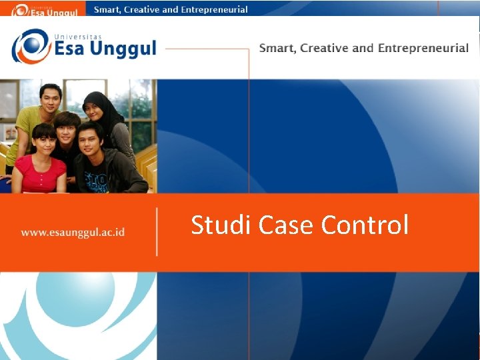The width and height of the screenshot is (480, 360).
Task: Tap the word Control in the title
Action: coord(365,225)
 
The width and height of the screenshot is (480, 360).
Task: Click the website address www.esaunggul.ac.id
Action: coord(73,233)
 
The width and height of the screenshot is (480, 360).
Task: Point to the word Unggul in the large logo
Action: coord(120,48)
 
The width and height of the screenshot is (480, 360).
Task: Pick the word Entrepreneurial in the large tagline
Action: coord(423,48)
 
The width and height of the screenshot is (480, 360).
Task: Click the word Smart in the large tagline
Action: coord(277,48)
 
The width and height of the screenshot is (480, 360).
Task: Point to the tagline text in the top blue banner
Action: coord(171,9)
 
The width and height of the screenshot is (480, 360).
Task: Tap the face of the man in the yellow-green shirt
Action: coord(50,99)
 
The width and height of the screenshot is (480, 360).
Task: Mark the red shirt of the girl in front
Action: coord(40,175)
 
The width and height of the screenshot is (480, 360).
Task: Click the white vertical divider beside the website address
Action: coord(157,231)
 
